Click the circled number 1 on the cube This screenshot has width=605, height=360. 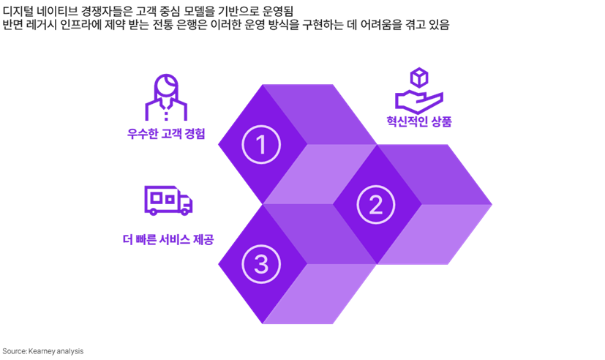coord(261,143)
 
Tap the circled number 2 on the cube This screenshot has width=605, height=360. coord(375,205)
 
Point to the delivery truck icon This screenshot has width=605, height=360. coord(168,200)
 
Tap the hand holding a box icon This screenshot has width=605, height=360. coord(419,91)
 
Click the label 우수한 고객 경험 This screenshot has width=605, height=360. coord(166,134)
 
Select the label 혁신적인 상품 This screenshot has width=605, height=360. coord(419,121)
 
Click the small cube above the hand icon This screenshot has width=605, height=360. coord(418,77)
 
